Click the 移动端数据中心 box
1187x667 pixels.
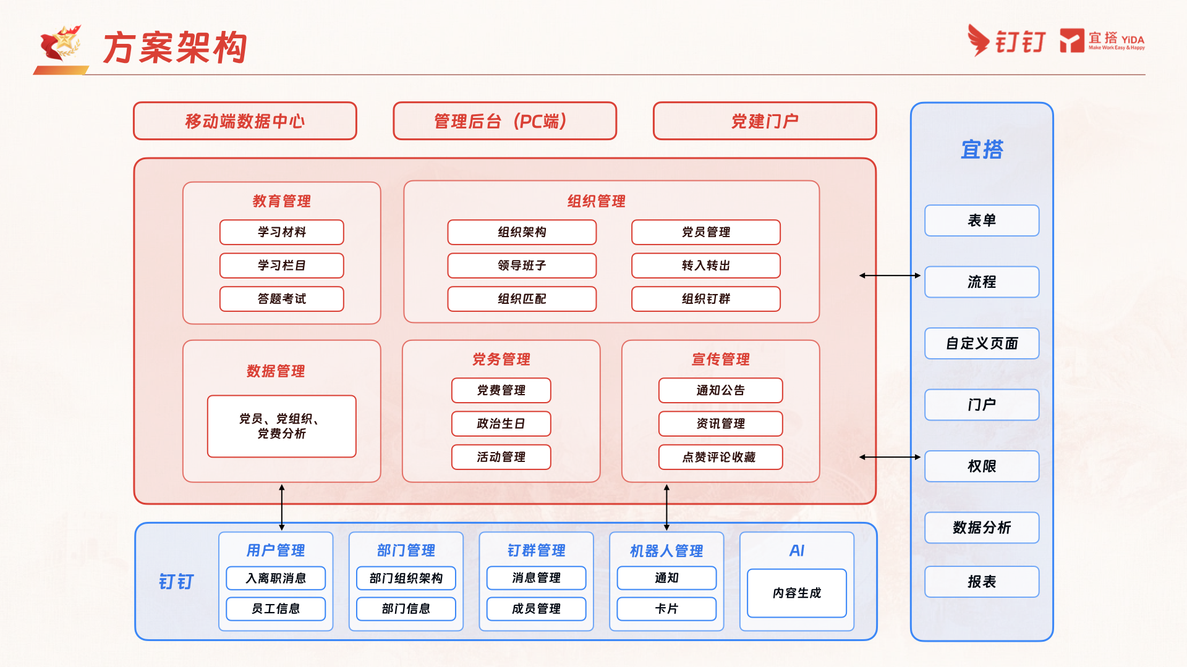245,121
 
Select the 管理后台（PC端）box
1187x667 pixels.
504,121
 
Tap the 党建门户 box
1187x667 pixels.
765,121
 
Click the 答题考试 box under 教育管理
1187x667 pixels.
282,299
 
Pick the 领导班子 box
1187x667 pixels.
522,266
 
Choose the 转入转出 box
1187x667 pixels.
706,266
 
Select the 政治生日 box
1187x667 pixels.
501,424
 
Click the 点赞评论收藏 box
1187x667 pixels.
721,457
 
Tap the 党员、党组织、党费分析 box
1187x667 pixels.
282,426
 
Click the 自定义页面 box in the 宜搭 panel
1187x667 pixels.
982,343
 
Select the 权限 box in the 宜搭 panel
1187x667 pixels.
982,466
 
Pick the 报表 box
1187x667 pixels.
982,582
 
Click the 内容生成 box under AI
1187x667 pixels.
797,593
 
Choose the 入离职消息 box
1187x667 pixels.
276,578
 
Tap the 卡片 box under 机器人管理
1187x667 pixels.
666,609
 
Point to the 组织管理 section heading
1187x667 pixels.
597,201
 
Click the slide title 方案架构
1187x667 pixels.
175,48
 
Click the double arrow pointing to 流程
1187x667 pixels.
890,275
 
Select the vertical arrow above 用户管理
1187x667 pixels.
282,508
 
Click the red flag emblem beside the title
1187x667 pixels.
60,44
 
